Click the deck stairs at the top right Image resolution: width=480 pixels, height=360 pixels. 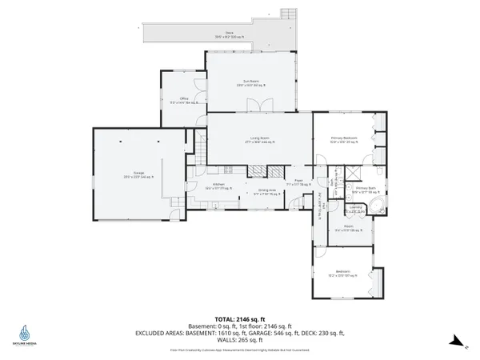coord(288,14)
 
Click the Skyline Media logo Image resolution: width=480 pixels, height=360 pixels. coord(26,334)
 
